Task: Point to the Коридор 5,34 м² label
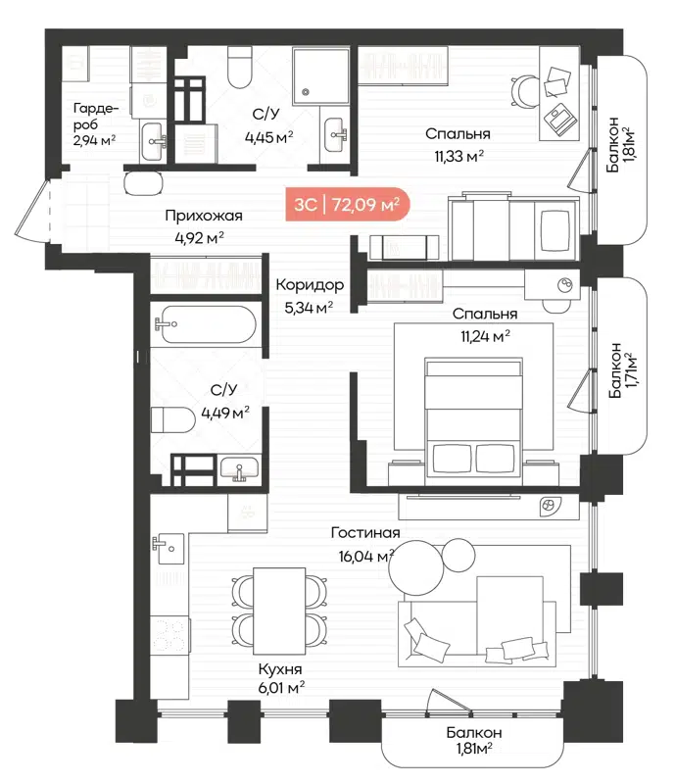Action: [x=310, y=295]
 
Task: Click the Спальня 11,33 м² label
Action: [x=457, y=144]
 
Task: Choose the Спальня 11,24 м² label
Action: [x=485, y=324]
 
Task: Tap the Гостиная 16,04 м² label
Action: [x=363, y=543]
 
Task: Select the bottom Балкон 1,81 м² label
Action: [x=473, y=741]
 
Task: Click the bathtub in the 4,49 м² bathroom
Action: [x=207, y=323]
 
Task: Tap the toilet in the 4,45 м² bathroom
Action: [x=238, y=69]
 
